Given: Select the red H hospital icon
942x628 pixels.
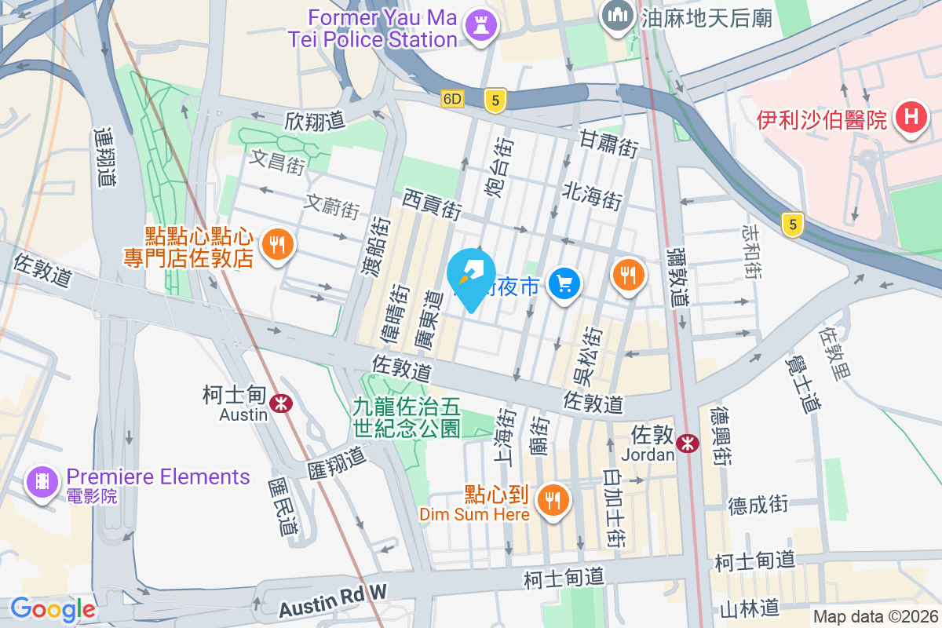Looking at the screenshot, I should (911, 119).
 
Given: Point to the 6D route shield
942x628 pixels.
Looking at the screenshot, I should (453, 99).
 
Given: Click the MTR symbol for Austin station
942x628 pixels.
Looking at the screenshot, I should (279, 403).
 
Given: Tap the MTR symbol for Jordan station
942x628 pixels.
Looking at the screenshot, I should (688, 444).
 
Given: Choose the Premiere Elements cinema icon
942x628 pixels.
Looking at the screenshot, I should (42, 482).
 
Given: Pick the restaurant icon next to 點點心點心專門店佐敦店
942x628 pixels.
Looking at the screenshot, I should (276, 245).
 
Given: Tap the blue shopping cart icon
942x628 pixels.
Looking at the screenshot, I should (564, 283).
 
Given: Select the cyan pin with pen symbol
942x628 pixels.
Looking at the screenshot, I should (470, 277).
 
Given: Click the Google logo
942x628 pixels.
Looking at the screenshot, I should (53, 609).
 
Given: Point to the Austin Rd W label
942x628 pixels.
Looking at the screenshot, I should (333, 599).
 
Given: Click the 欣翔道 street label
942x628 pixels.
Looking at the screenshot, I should (315, 121).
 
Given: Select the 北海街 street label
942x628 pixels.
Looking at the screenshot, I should (592, 196).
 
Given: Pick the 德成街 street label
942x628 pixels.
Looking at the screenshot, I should (758, 503).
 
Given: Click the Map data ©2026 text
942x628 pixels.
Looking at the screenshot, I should (875, 617).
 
